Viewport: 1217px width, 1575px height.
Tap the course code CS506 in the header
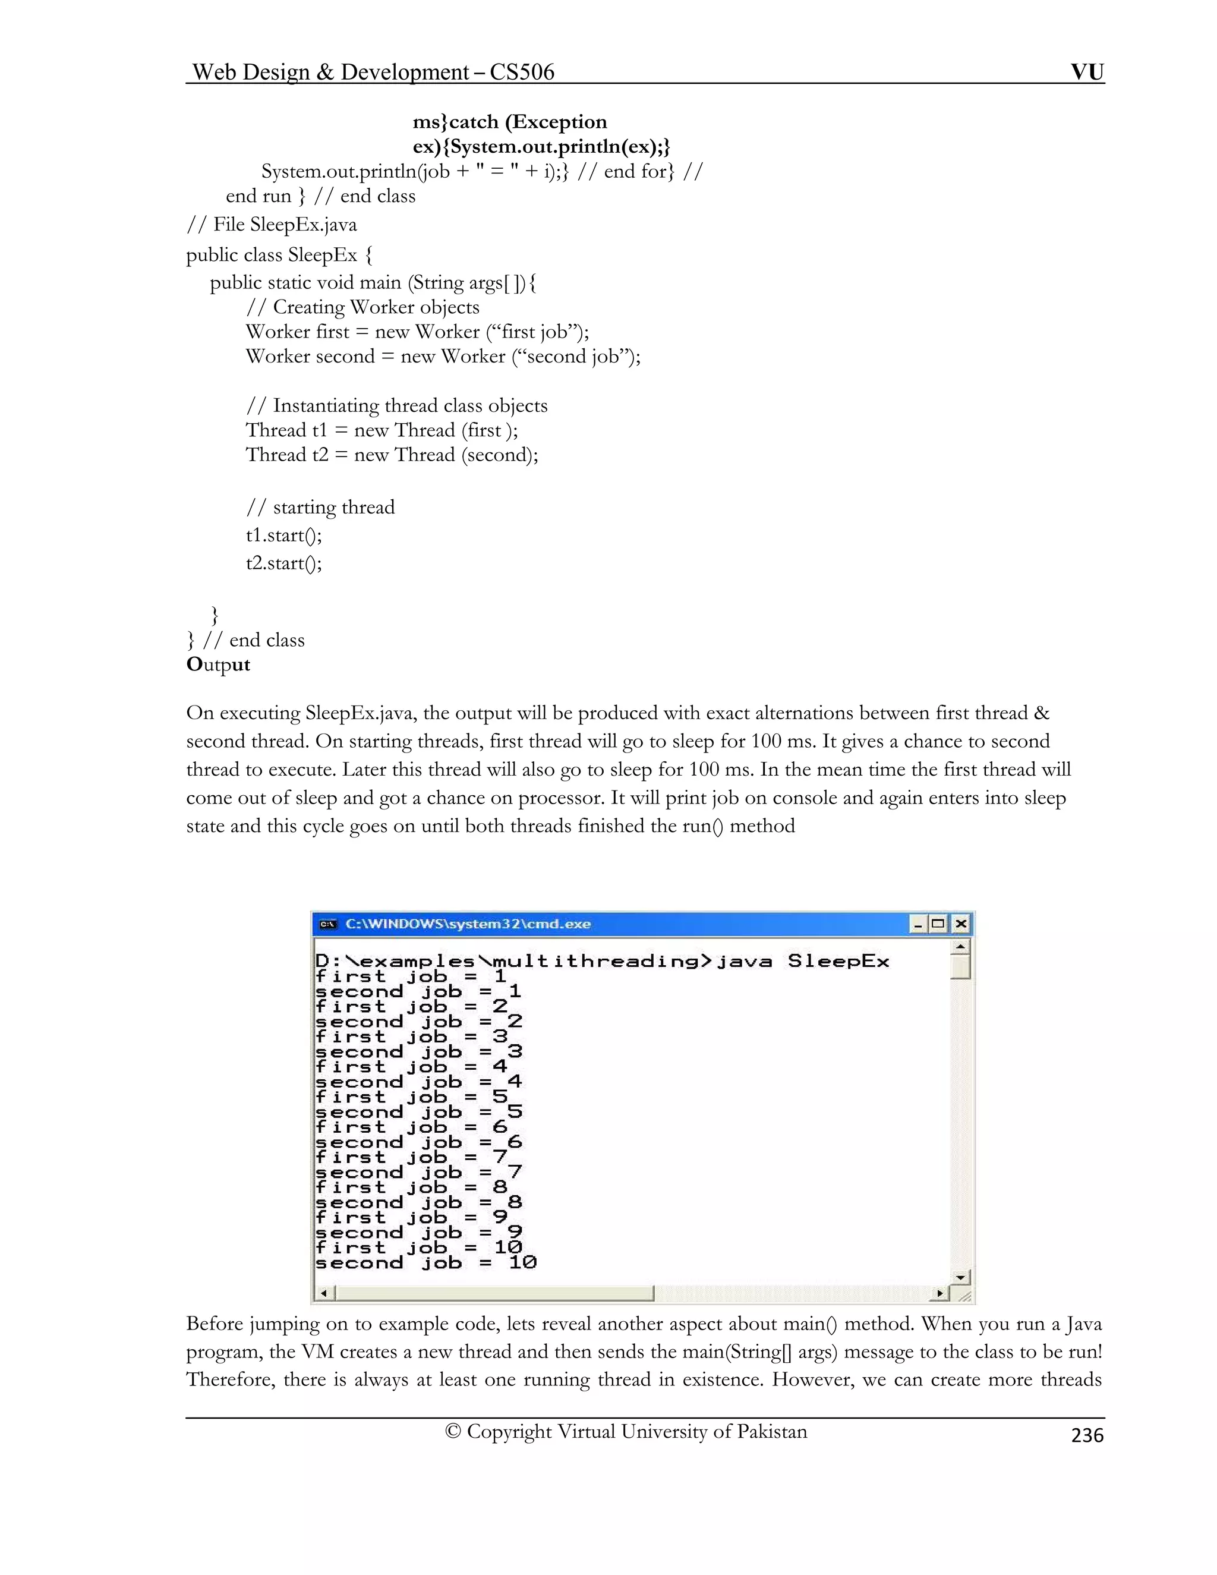pyautogui.click(x=521, y=71)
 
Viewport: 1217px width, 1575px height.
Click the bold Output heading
pyautogui.click(x=217, y=664)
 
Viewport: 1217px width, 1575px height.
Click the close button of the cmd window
pyautogui.click(x=960, y=924)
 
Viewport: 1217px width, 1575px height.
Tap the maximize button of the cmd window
pyautogui.click(x=938, y=924)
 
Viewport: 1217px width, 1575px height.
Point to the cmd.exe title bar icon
pyautogui.click(x=328, y=924)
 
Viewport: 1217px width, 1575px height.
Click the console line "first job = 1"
pyautogui.click(x=411, y=976)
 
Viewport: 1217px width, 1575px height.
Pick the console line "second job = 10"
pyautogui.click(x=425, y=1263)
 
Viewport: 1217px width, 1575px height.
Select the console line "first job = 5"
pyautogui.click(x=411, y=1097)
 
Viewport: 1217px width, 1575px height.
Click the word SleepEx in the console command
pyautogui.click(x=838, y=961)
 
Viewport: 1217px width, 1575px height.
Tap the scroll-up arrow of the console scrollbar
pyautogui.click(x=960, y=946)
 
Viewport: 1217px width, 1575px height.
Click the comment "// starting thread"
pyautogui.click(x=320, y=507)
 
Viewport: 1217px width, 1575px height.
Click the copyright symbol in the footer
pyautogui.click(x=453, y=1432)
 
